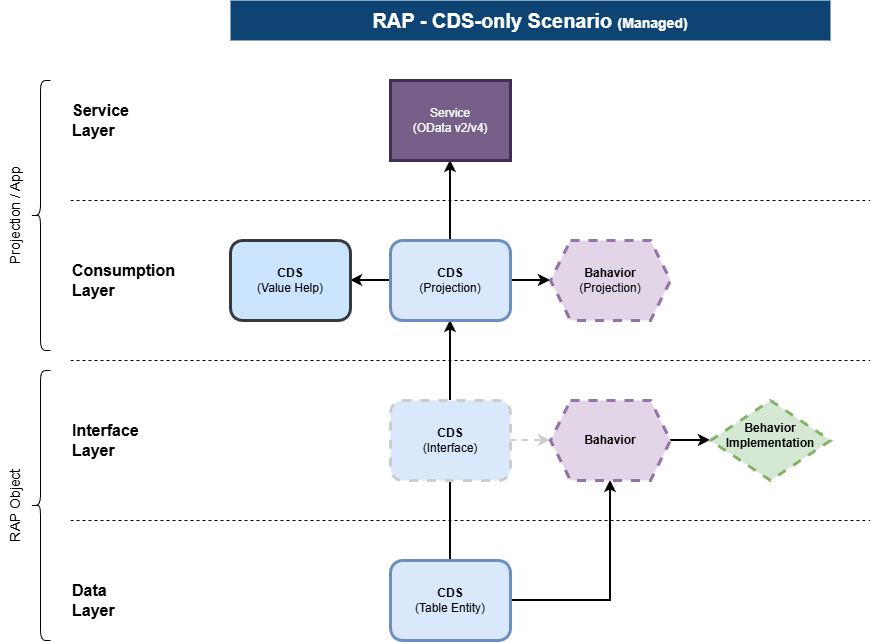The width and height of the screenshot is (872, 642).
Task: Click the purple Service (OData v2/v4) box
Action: [450, 121]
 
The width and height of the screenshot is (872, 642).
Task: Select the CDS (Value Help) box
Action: [290, 280]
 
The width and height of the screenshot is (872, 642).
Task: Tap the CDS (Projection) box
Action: [450, 280]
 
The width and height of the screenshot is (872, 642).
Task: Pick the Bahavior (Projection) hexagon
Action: [610, 280]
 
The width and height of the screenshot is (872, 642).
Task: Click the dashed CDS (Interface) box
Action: [450, 440]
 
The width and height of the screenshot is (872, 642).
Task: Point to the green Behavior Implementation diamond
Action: [770, 440]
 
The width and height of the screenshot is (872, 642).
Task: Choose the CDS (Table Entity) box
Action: [450, 600]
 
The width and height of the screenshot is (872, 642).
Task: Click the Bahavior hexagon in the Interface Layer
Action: [610, 440]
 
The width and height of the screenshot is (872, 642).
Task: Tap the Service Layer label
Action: [100, 120]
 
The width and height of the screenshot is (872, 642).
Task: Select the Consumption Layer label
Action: [123, 280]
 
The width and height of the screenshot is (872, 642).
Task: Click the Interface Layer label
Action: [105, 440]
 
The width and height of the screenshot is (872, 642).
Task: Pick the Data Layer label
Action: [93, 600]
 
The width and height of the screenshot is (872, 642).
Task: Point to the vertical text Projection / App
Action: [16, 215]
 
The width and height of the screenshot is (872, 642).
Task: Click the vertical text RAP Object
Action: [16, 505]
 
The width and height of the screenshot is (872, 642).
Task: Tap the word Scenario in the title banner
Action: [569, 21]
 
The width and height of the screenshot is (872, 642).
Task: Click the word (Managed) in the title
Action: [652, 23]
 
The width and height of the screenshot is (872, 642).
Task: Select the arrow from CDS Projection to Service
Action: [450, 201]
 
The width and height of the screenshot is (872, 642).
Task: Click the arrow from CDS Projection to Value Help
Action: [370, 280]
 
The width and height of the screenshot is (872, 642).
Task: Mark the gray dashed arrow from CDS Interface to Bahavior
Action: [531, 440]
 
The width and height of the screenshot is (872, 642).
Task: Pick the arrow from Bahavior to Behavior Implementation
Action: [690, 440]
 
